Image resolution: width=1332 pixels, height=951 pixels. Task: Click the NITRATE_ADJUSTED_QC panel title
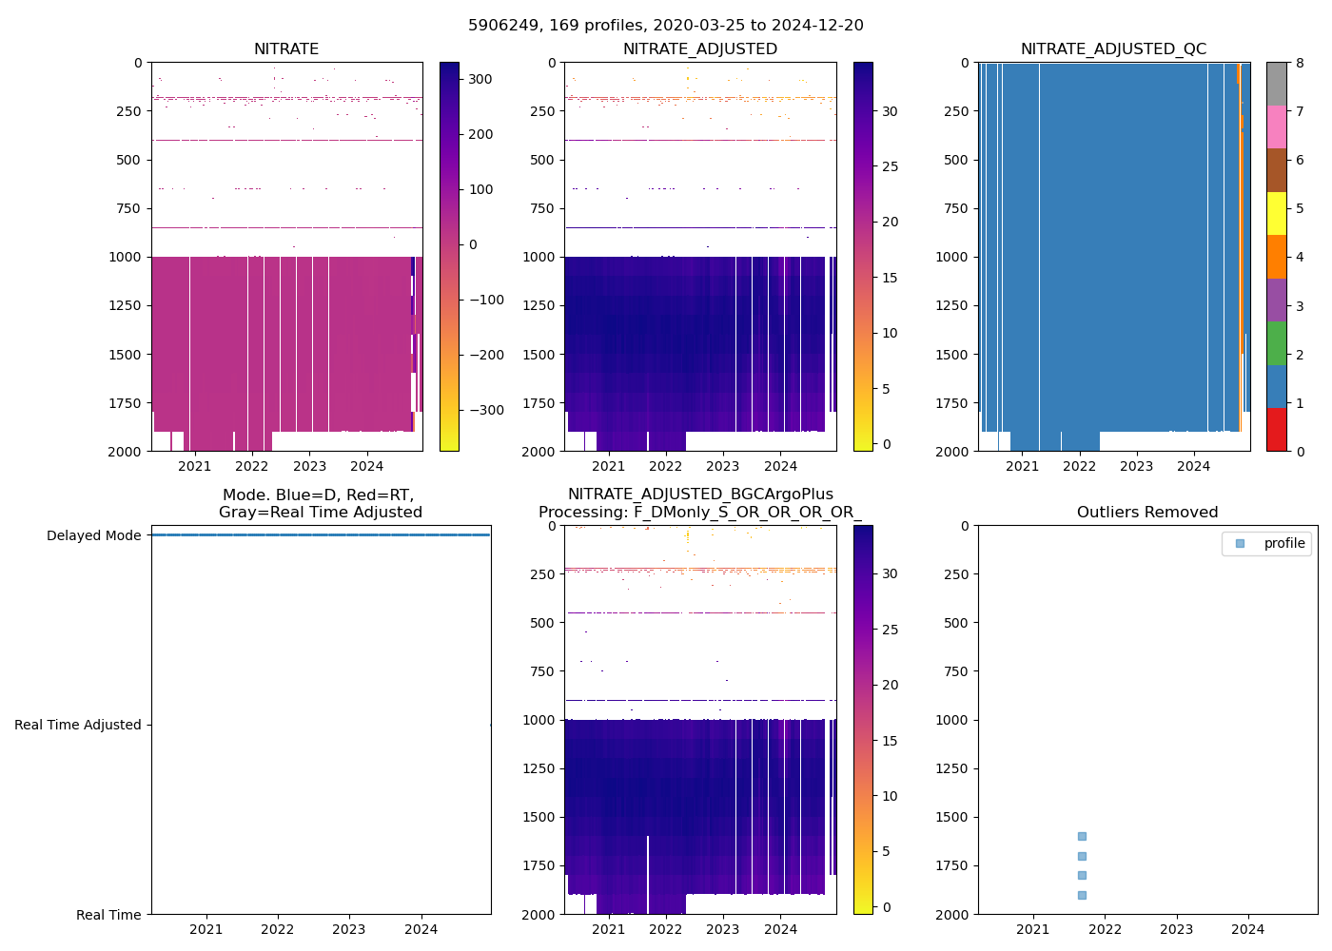pyautogui.click(x=1113, y=49)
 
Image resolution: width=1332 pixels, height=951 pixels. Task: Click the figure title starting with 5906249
pyautogui.click(x=665, y=26)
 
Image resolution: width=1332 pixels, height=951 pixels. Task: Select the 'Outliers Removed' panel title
pyautogui.click(x=1146, y=513)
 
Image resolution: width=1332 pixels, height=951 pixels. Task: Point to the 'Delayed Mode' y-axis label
pyautogui.click(x=93, y=535)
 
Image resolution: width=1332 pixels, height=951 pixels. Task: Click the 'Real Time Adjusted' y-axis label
pyautogui.click(x=77, y=725)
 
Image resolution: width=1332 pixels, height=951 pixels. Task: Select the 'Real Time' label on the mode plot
pyautogui.click(x=108, y=915)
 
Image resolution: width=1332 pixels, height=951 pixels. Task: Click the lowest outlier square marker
pyautogui.click(x=1082, y=895)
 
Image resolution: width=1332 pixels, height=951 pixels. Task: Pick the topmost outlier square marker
pyautogui.click(x=1082, y=836)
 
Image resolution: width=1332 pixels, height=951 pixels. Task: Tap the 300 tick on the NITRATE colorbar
pyautogui.click(x=480, y=79)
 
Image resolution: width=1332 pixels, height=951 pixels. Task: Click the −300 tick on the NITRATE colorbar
pyautogui.click(x=486, y=410)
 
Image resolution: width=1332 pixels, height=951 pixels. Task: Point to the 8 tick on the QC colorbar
pyautogui.click(x=1300, y=63)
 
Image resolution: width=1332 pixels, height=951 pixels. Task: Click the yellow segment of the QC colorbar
pyautogui.click(x=1276, y=213)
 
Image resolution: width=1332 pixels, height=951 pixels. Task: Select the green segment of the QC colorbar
pyautogui.click(x=1276, y=343)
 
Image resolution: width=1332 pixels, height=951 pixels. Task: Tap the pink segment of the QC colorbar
pyautogui.click(x=1276, y=126)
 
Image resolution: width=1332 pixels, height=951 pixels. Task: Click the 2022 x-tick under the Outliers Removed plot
pyautogui.click(x=1105, y=929)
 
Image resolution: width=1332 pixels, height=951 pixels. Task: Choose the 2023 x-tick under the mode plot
pyautogui.click(x=349, y=929)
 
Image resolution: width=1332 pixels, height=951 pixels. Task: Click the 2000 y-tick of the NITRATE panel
pyautogui.click(x=125, y=452)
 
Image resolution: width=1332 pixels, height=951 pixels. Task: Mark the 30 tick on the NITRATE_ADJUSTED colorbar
pyautogui.click(x=890, y=111)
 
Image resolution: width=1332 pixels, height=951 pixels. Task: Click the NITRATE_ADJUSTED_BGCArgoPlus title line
pyautogui.click(x=700, y=495)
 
